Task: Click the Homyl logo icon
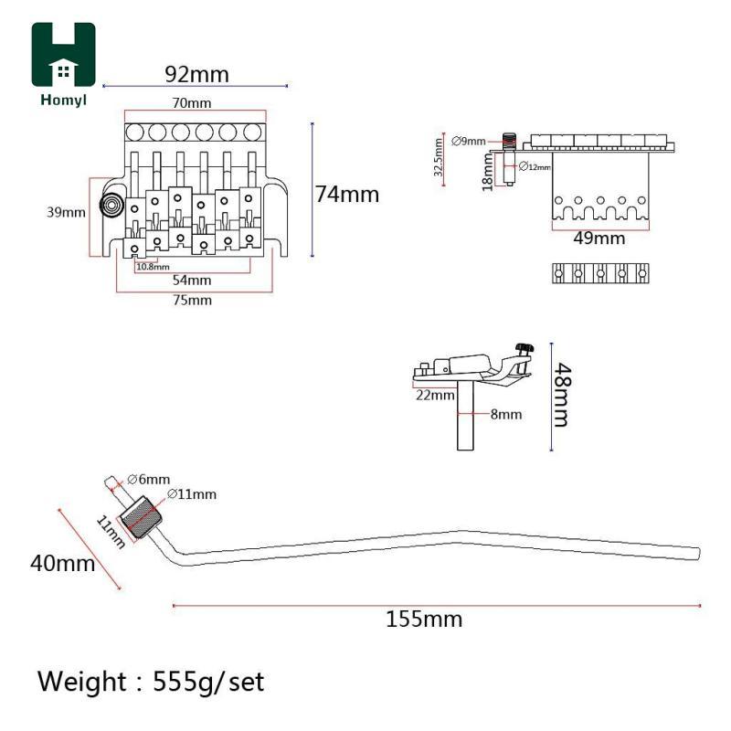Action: [x=63, y=54]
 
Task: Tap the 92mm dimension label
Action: [x=196, y=74]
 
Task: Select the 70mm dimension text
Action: [x=192, y=102]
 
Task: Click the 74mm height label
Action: [x=347, y=195]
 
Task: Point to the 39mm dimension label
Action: [x=66, y=213]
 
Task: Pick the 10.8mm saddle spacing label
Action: [x=153, y=267]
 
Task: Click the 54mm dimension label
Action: [x=192, y=281]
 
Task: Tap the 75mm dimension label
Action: [x=192, y=300]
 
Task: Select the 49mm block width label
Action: [x=599, y=238]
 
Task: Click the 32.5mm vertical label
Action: [x=439, y=157]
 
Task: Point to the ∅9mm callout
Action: [x=469, y=141]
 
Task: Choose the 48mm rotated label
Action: [x=562, y=395]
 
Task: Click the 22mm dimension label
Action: [x=435, y=396]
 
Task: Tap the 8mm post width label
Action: [x=506, y=414]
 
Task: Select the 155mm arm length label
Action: [x=424, y=620]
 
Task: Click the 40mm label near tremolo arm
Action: [x=62, y=563]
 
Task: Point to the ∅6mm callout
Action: [x=148, y=479]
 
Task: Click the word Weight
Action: [x=82, y=682]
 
